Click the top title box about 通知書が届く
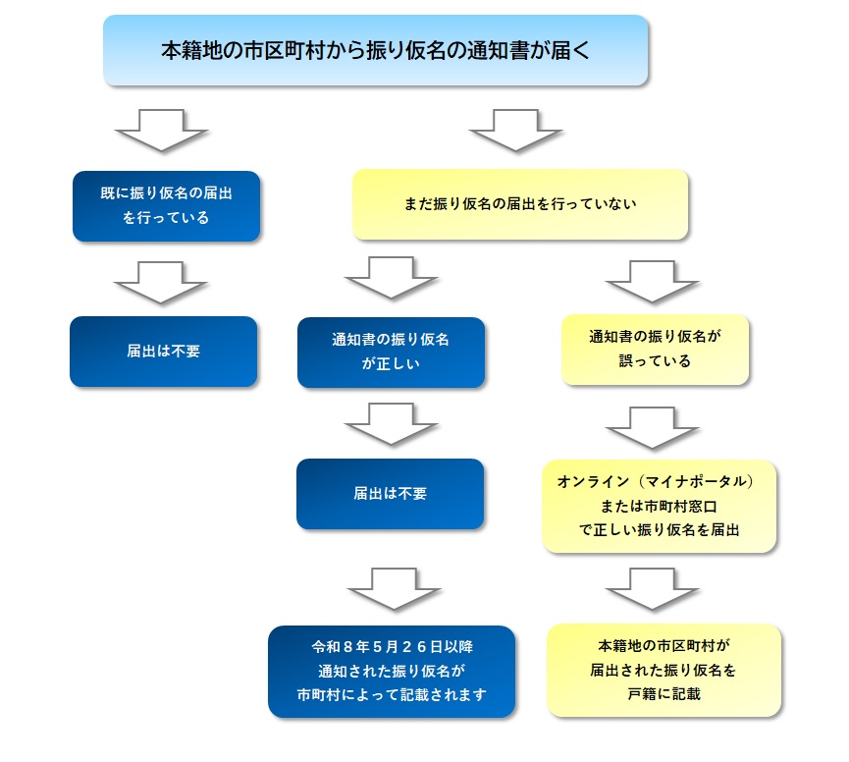[376, 50]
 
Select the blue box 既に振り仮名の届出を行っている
[166, 206]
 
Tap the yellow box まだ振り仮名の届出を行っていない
[520, 204]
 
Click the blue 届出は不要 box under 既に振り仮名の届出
[163, 351]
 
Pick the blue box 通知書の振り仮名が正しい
[391, 352]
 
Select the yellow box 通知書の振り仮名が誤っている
[655, 349]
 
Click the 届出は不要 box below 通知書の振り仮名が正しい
[391, 494]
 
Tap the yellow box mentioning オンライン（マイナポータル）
[659, 506]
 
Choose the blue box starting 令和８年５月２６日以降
[392, 672]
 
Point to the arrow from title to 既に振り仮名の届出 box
[162, 130]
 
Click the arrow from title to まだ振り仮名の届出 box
[515, 130]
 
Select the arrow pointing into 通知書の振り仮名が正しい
[392, 277]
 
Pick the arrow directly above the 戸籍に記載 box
[652, 588]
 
